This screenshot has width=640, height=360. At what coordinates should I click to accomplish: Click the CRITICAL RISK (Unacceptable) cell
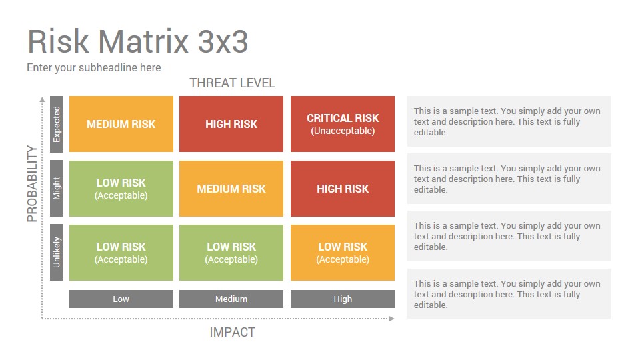[x=343, y=124]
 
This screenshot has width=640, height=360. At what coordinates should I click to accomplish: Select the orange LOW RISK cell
[x=343, y=253]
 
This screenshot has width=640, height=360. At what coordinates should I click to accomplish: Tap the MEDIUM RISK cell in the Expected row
[x=121, y=124]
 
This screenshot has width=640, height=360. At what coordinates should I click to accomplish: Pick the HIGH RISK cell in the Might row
[x=343, y=189]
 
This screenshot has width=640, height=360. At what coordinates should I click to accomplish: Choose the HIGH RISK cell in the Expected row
[x=231, y=124]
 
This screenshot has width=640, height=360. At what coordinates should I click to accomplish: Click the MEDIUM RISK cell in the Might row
[x=231, y=189]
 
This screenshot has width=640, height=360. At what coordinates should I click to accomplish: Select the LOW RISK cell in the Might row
[x=121, y=189]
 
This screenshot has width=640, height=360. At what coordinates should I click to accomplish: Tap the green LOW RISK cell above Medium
[x=231, y=253]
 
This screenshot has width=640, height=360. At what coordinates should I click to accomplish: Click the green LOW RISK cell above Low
[x=121, y=253]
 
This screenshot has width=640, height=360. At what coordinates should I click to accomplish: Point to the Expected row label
[x=56, y=124]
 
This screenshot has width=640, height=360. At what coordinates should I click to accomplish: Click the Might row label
[x=56, y=189]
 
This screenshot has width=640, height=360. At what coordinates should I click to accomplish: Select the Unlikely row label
[x=56, y=252]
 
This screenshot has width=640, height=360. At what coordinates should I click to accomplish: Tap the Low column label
[x=121, y=299]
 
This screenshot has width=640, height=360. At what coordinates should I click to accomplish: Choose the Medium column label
[x=231, y=299]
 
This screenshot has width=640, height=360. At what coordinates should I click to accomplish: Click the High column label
[x=343, y=299]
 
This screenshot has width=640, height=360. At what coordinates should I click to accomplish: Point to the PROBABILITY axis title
[x=32, y=184]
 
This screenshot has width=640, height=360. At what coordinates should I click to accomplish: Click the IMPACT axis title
[x=232, y=332]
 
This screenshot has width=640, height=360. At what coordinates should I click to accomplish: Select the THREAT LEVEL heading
[x=232, y=83]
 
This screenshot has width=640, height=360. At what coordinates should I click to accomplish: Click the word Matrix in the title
[x=143, y=41]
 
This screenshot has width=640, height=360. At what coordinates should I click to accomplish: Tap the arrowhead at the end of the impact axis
[x=392, y=319]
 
